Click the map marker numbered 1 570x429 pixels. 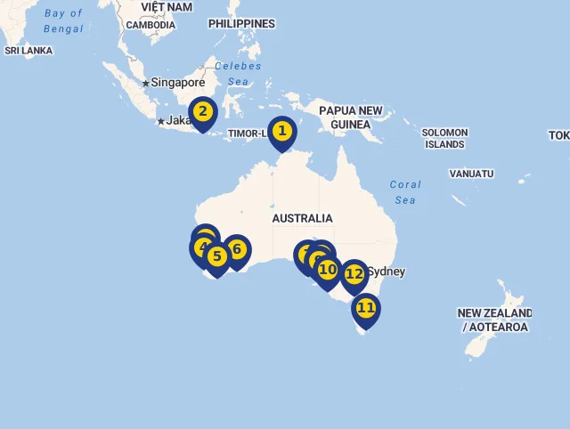(282, 132)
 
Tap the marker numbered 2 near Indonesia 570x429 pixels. (203, 112)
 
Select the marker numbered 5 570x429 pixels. (217, 256)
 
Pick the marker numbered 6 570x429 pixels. (237, 249)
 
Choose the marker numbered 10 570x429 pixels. (328, 270)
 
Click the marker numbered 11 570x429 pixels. (365, 308)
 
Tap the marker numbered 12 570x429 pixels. (354, 274)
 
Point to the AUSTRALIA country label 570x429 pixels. (302, 218)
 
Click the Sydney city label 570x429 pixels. (387, 271)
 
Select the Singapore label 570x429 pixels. (178, 83)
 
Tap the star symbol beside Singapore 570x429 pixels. (146, 83)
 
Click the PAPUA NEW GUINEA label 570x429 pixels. (350, 117)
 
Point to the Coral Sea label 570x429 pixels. (405, 192)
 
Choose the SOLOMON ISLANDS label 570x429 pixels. (444, 138)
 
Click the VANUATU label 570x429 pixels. (471, 174)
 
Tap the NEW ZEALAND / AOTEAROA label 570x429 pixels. (494, 320)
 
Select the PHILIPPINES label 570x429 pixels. (241, 23)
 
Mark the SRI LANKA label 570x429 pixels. (28, 51)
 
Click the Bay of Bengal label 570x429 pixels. (63, 21)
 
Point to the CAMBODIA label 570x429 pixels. (151, 25)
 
